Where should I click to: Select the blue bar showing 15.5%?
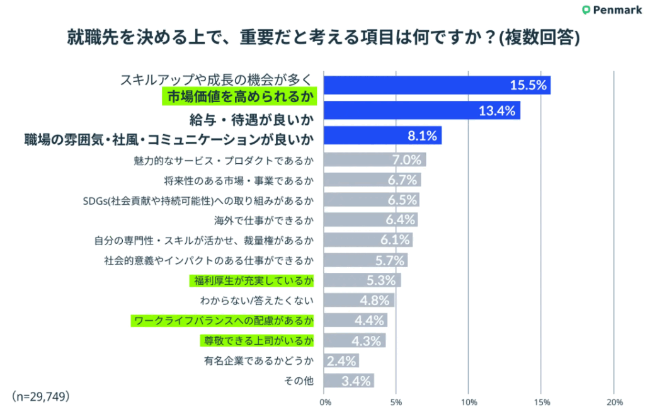[437, 85]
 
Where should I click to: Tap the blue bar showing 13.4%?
[421, 111]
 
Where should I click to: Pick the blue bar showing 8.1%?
[382, 135]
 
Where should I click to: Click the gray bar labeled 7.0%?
[375, 159]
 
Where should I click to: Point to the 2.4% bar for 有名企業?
[341, 360]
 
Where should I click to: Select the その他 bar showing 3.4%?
[349, 381]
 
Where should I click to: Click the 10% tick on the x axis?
[469, 401]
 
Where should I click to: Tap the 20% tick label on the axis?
[614, 401]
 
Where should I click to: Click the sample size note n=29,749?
[40, 396]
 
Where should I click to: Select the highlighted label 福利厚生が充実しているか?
[251, 280]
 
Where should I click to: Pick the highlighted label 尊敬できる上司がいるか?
[256, 340]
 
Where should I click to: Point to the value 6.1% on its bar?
[396, 240]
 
